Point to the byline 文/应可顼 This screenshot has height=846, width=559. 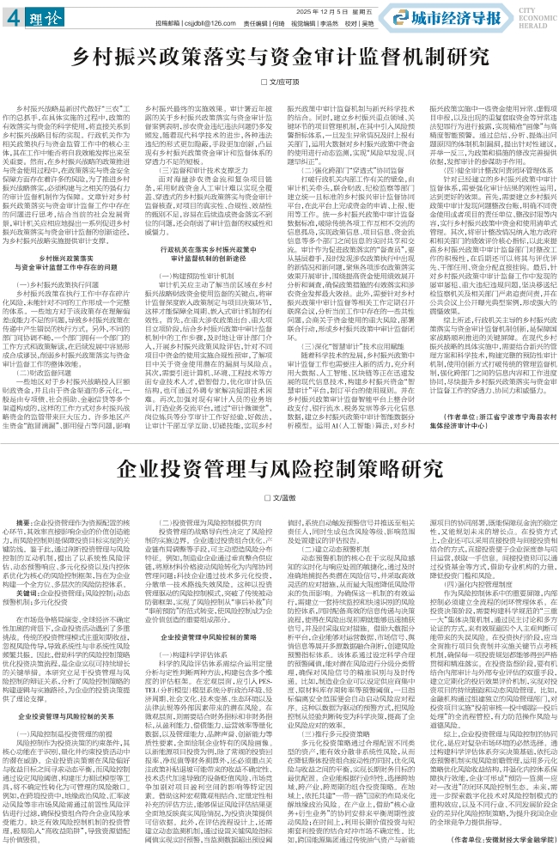(x=280, y=80)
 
